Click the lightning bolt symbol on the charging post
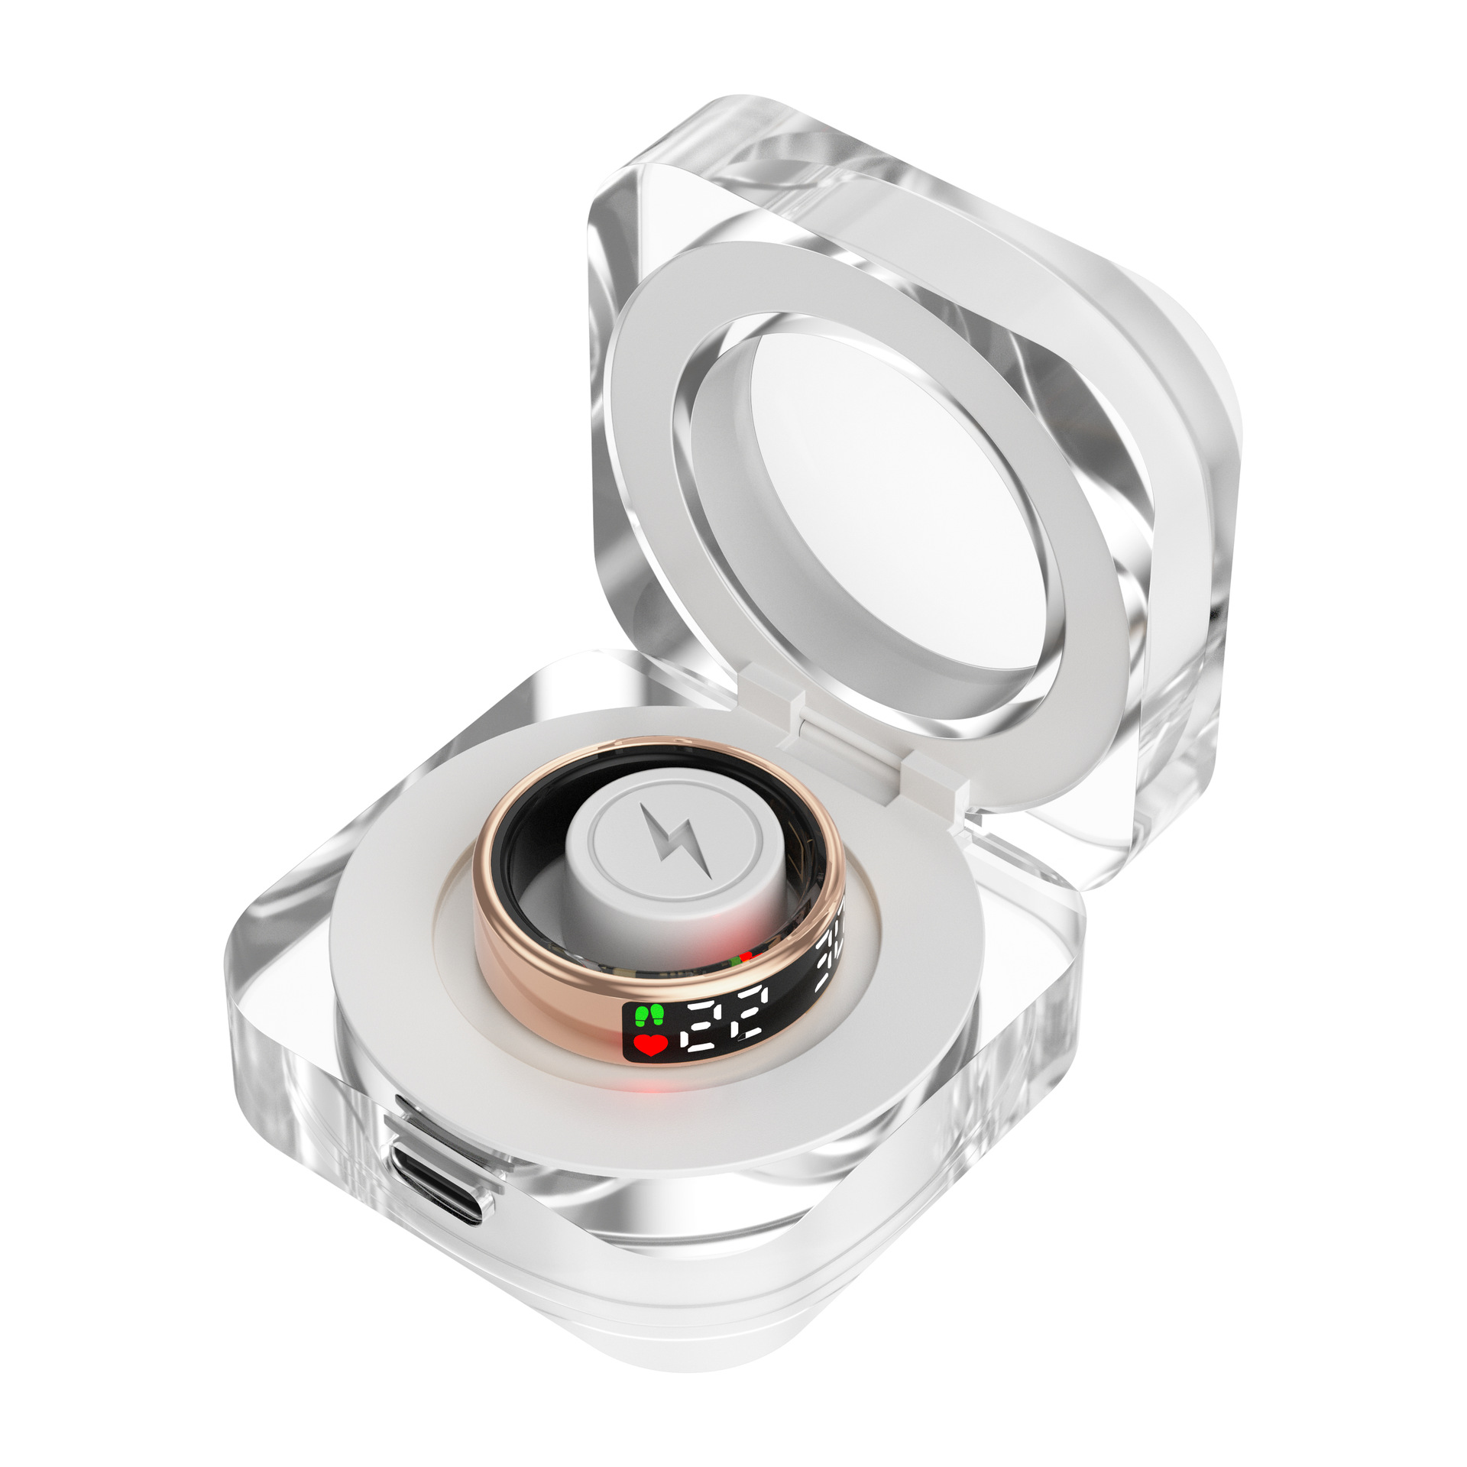pyautogui.click(x=677, y=840)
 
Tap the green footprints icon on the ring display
pyautogui.click(x=649, y=1015)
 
